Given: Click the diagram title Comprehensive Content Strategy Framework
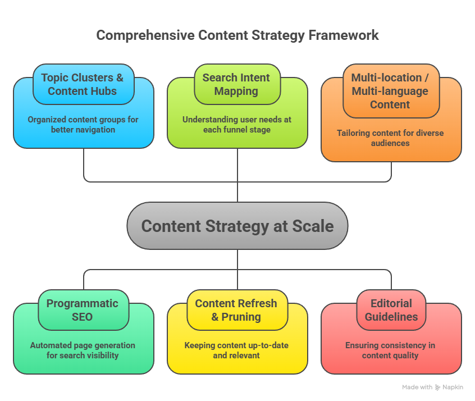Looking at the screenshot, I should point(237,35).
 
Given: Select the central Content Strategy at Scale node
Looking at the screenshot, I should point(237,226).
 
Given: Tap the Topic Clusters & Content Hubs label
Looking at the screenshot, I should point(83,84).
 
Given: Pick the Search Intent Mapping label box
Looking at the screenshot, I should point(236,84).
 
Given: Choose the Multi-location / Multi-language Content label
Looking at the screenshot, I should point(390,91).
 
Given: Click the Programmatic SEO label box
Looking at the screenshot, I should point(83,310).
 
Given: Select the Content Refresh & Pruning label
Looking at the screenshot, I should point(236,310).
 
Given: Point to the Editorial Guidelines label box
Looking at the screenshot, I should point(390,310).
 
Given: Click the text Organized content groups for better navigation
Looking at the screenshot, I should point(83,125).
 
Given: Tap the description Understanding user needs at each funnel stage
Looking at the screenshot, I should point(237,125).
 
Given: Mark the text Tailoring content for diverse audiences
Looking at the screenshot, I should point(390,138).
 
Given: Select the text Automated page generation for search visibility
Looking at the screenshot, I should point(83,350).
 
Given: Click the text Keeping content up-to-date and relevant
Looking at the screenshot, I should point(237,350).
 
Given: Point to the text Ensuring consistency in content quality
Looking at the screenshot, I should point(390,350).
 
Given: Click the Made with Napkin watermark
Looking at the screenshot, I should point(432,388).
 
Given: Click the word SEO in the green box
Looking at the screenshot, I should point(83,317).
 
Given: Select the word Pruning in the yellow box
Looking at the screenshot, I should point(242,317).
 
